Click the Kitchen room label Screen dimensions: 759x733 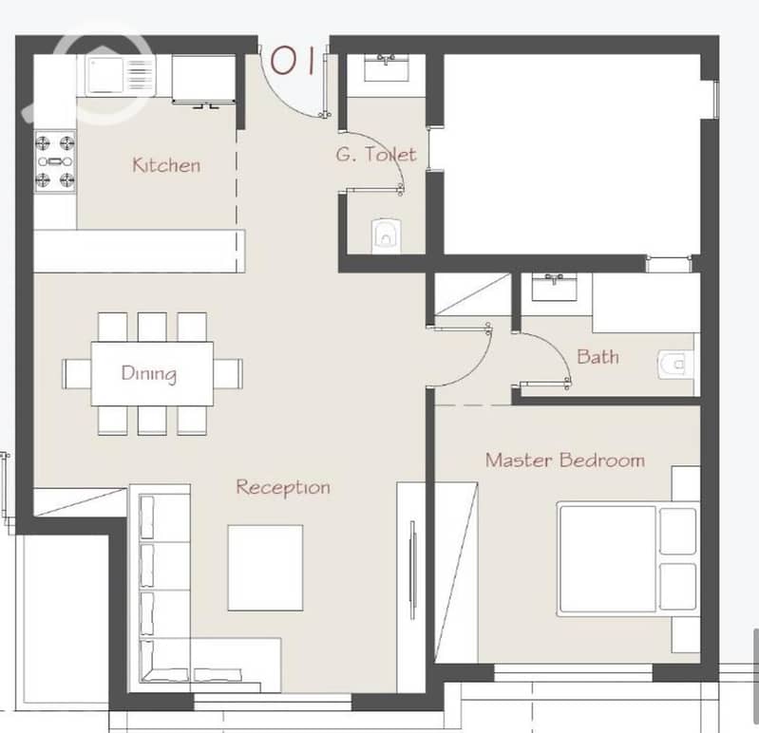(166, 165)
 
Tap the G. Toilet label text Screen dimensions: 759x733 (376, 155)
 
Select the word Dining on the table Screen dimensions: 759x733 (149, 373)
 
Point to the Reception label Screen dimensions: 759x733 (283, 487)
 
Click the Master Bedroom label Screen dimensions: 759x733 (565, 460)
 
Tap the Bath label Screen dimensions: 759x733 (598, 357)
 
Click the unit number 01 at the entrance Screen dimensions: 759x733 (293, 61)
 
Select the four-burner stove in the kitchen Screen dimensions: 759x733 (55, 161)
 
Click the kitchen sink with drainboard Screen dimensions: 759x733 (121, 76)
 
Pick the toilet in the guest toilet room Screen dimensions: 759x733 (386, 235)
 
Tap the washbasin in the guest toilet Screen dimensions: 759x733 (386, 67)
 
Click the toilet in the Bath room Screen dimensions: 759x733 (675, 365)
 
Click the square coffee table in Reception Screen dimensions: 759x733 (265, 568)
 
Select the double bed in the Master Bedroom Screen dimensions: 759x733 (628, 559)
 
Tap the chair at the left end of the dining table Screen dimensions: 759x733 (77, 373)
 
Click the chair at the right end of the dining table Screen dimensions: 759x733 (228, 373)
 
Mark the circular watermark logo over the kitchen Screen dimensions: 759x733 (102, 72)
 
